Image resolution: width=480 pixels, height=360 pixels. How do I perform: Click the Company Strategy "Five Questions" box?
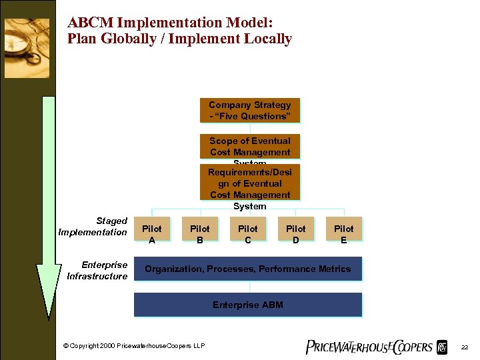coord(250,111)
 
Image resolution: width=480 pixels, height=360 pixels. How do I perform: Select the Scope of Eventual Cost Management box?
coord(250,147)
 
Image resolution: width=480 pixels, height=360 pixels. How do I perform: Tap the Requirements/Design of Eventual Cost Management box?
coord(250,183)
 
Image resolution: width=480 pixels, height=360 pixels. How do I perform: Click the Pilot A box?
coord(152,229)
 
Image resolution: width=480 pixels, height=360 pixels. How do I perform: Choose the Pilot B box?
coord(200,229)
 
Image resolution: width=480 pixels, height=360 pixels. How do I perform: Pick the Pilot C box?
coord(248,229)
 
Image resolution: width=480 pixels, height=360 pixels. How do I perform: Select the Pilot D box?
coord(296,229)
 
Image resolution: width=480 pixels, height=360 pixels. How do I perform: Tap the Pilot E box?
coord(344,229)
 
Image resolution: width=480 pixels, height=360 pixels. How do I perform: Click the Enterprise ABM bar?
coord(248,305)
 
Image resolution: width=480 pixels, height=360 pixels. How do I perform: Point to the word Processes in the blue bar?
coord(231,269)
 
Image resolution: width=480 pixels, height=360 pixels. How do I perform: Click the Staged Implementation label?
coord(93,227)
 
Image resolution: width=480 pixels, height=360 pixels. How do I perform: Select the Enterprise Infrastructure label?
coord(97,271)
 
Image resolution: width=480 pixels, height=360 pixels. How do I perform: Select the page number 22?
coord(465,347)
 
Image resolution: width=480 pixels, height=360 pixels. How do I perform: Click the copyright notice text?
coord(134,345)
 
